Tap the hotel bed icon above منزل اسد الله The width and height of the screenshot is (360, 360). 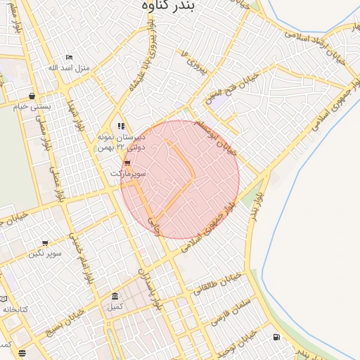tap(68, 58)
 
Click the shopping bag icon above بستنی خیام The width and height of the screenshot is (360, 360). tap(33, 96)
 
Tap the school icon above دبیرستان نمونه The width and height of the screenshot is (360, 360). tap(121, 126)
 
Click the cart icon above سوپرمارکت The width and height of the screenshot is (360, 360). tap(127, 163)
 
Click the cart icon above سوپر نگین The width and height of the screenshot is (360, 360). tap(45, 243)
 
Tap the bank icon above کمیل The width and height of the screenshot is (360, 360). tap(115, 296)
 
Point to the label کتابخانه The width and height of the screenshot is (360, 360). tap(14, 309)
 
